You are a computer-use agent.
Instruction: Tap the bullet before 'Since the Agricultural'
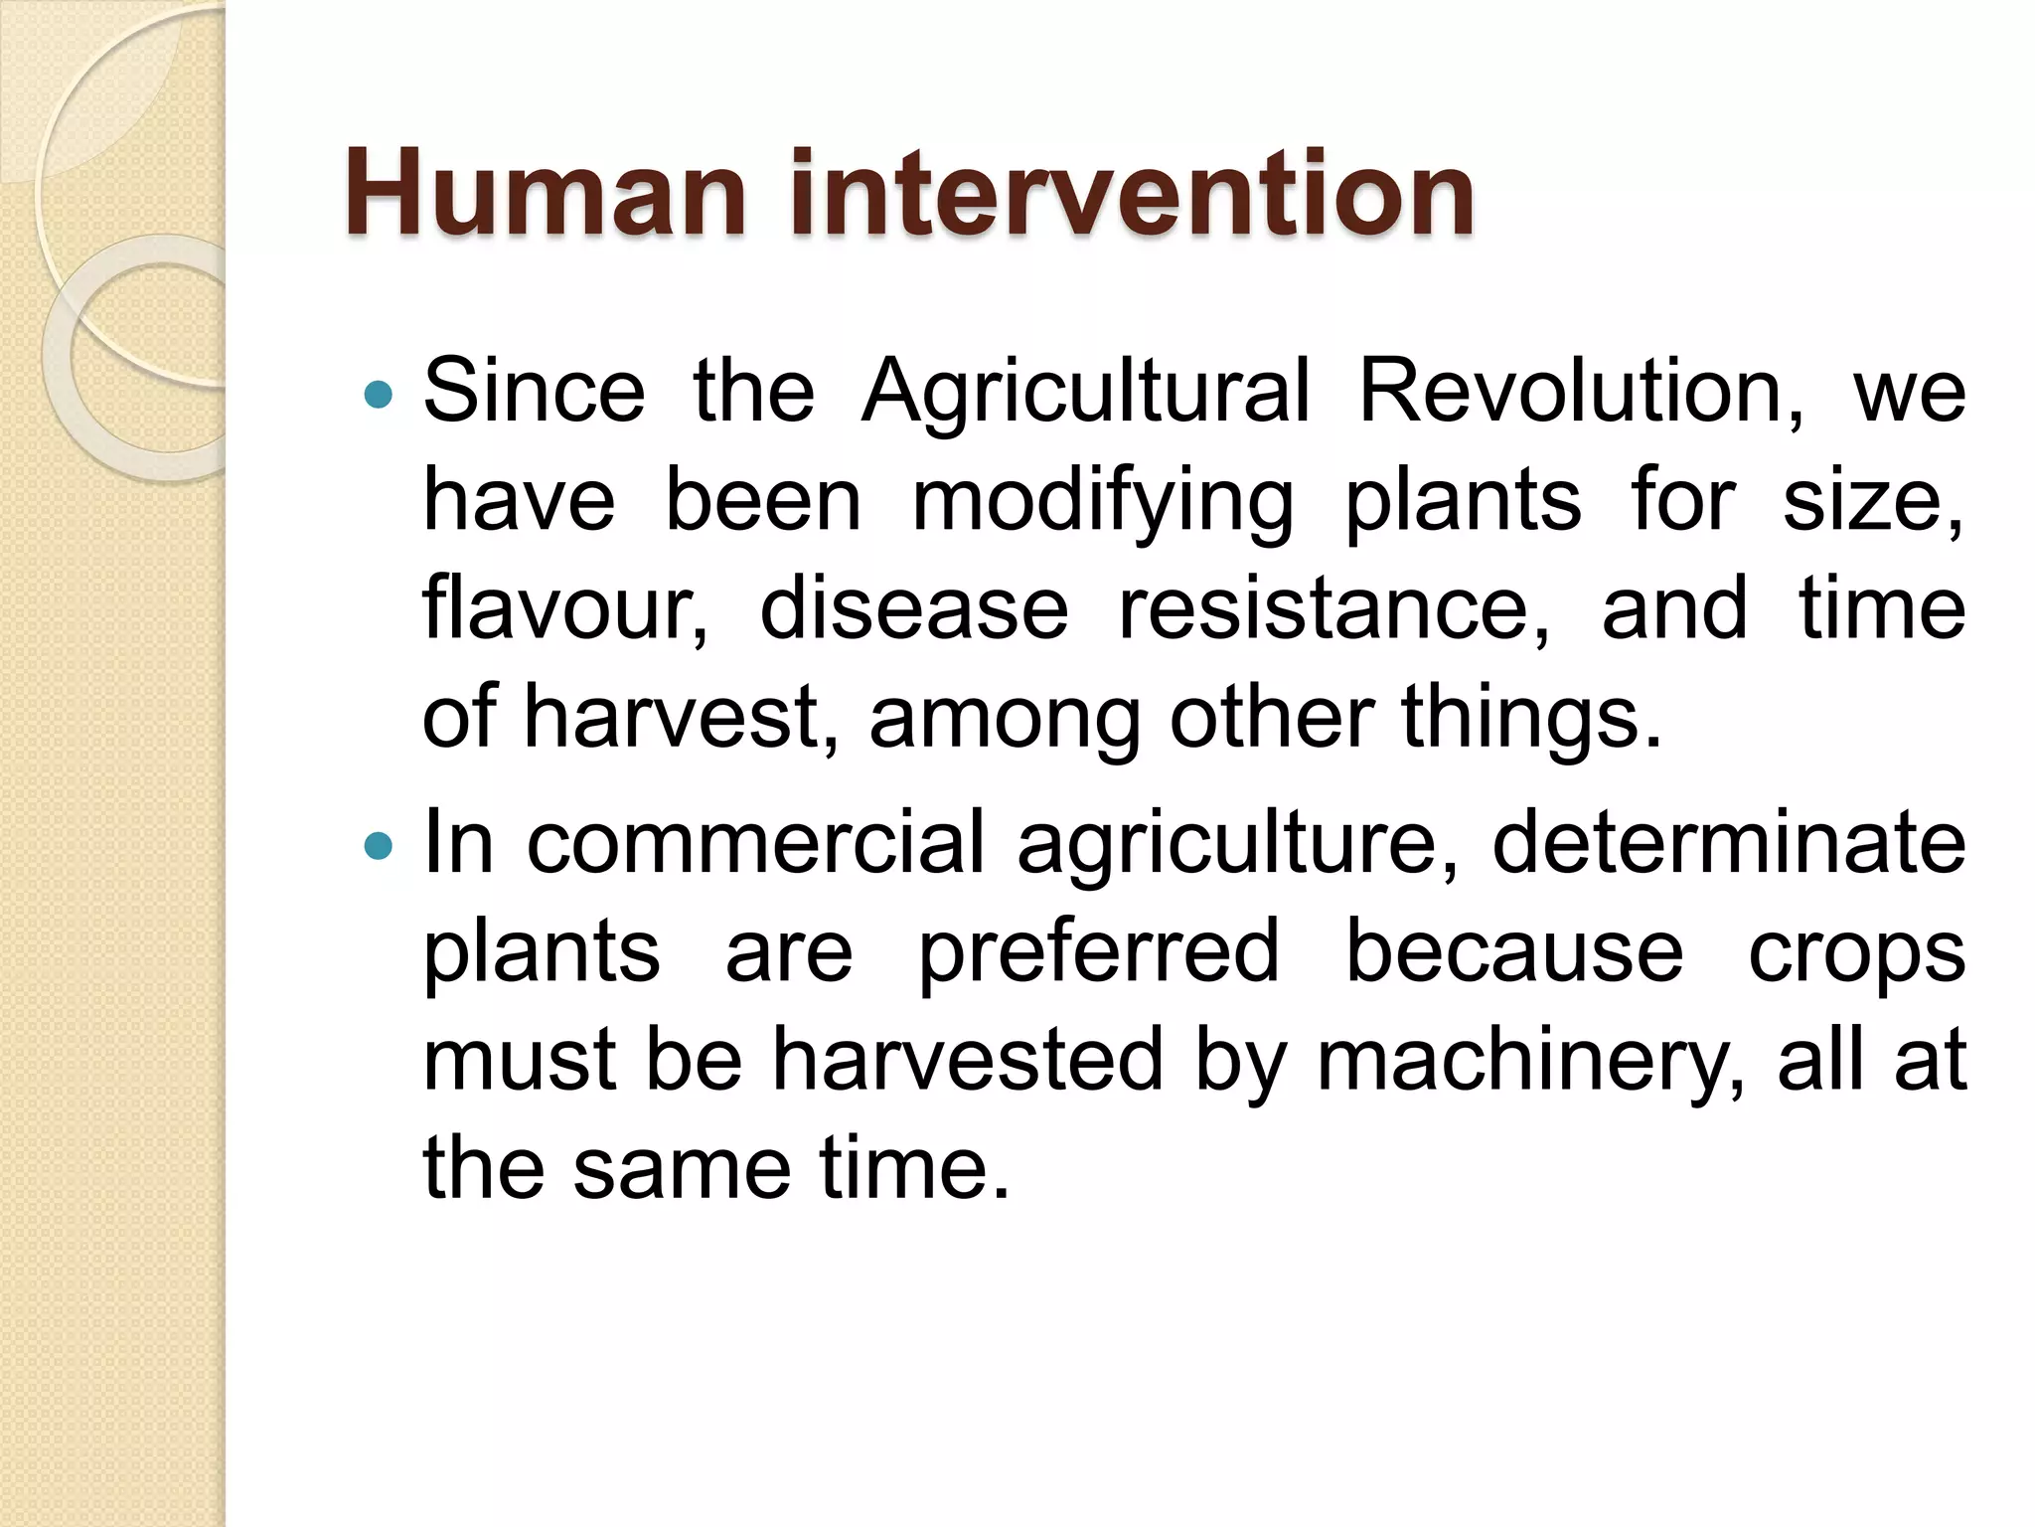coord(379,396)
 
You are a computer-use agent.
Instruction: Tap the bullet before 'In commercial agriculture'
coord(379,846)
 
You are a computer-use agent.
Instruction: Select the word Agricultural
coord(1085,394)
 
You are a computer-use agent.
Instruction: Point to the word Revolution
coord(1580,392)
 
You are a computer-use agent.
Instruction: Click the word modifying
coord(1103,503)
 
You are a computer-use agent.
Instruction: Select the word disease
coord(914,608)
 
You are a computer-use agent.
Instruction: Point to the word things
coord(1530,718)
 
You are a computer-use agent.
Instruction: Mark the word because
coord(1514,952)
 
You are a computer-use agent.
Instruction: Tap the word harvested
coord(968,1060)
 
